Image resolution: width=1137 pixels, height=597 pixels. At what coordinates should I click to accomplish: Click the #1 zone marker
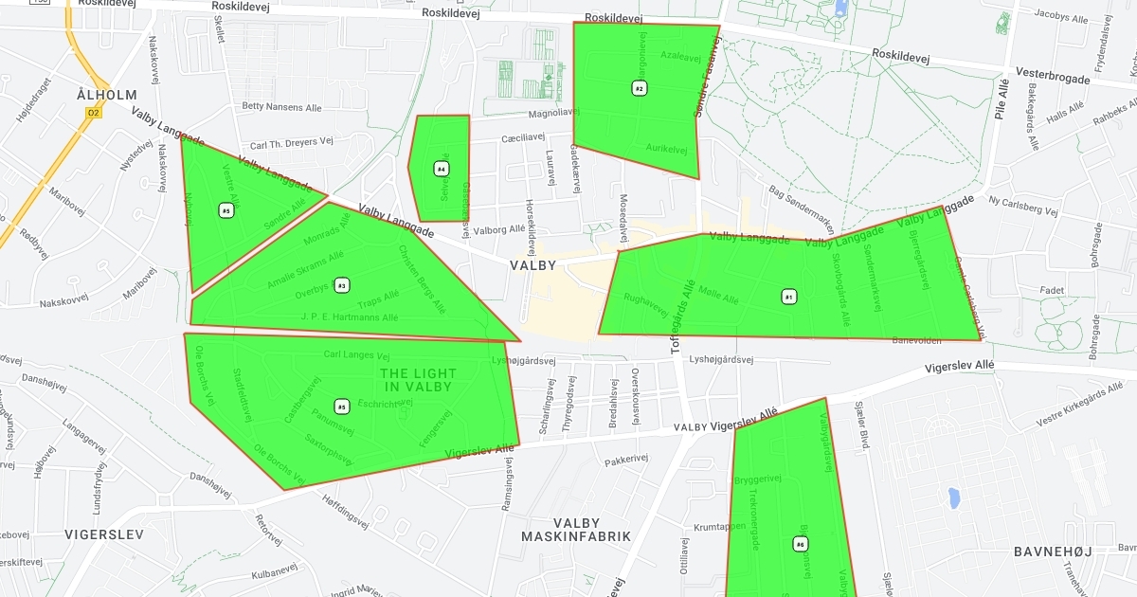[x=788, y=297]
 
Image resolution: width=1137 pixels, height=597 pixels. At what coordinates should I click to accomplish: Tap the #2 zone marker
[x=640, y=88]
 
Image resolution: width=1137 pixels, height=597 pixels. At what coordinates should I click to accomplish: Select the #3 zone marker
[x=342, y=285]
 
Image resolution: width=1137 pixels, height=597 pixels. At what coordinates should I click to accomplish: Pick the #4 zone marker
[x=441, y=169]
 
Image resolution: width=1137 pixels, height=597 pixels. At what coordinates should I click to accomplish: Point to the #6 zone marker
[x=801, y=544]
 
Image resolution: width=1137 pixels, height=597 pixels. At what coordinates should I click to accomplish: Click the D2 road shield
[x=93, y=112]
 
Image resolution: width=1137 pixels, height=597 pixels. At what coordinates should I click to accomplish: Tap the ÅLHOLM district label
[x=107, y=95]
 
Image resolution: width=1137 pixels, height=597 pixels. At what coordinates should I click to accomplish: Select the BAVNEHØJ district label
[x=1053, y=552]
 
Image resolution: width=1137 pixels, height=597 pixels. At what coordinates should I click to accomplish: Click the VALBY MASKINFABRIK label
[x=576, y=530]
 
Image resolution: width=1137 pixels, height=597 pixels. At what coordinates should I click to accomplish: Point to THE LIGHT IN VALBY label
[x=418, y=380]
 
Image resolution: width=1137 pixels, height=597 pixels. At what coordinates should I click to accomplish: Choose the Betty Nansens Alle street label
[x=282, y=106]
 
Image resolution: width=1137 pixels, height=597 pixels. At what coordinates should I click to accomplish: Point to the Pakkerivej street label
[x=625, y=461]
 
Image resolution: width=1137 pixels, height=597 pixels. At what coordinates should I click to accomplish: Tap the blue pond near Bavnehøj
[x=953, y=497]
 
